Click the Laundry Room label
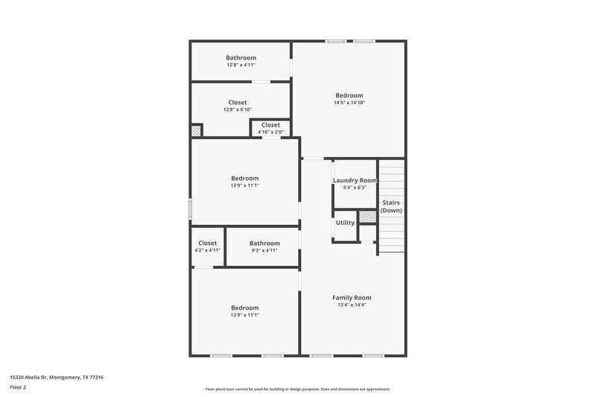click(355, 180)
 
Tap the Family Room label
click(352, 297)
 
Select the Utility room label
click(345, 223)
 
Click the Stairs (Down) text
click(391, 206)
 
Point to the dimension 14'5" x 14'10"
click(349, 102)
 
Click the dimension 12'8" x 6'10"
click(237, 109)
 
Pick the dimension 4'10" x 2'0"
click(270, 132)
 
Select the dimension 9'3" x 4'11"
click(264, 250)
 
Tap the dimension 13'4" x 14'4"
click(352, 305)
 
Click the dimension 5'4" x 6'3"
click(355, 187)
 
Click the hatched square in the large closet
click(197, 130)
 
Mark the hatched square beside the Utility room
click(367, 217)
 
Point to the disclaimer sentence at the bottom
click(297, 389)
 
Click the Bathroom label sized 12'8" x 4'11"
click(241, 58)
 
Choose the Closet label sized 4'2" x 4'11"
click(208, 243)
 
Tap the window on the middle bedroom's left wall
click(191, 209)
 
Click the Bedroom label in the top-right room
click(349, 95)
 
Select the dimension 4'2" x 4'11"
click(208, 250)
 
